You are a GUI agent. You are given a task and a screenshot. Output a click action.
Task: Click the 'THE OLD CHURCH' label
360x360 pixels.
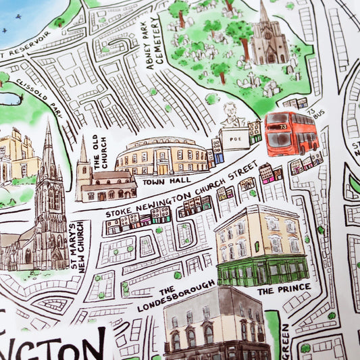click(99, 150)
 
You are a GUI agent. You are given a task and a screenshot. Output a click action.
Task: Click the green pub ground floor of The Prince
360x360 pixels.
click(261, 271)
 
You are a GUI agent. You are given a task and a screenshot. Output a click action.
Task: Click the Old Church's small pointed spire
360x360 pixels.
click(83, 150)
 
